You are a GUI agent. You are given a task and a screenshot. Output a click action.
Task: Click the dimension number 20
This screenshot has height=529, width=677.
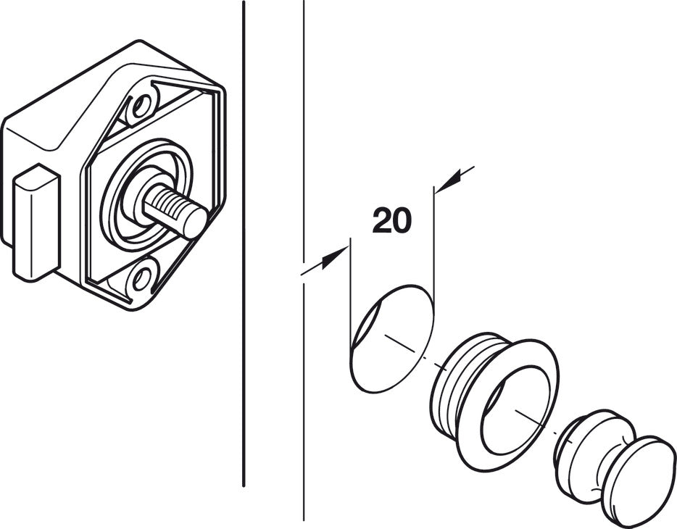click(391, 221)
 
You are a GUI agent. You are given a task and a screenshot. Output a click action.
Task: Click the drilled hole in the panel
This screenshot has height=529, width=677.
click(391, 338)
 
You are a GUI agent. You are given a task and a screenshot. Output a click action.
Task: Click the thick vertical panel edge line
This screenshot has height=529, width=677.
click(243, 362)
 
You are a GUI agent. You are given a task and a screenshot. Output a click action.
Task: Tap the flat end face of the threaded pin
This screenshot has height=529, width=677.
click(194, 224)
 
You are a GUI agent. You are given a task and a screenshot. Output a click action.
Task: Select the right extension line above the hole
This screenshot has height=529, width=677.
click(433, 239)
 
